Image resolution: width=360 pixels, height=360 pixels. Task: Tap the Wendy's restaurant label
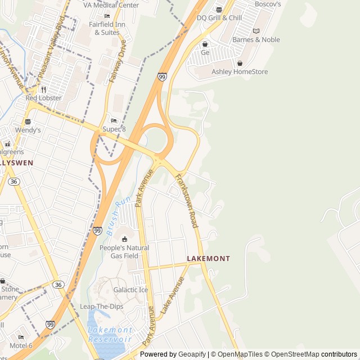tap(28, 130)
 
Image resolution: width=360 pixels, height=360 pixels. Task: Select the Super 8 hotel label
tap(114, 129)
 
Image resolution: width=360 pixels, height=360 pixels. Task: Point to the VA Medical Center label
tap(111, 5)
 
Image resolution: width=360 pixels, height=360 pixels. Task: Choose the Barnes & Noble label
tap(256, 39)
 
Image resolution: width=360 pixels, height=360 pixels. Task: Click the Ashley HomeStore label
tap(240, 71)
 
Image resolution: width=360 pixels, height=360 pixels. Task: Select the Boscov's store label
tap(267, 4)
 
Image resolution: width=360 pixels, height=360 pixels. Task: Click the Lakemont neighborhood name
tap(208, 259)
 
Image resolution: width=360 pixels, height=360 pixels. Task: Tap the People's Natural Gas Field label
tap(124, 251)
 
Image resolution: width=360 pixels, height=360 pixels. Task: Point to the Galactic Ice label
tap(130, 290)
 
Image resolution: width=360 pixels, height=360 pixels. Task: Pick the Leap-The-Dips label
tap(101, 307)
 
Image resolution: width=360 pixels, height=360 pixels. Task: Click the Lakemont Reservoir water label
tap(110, 335)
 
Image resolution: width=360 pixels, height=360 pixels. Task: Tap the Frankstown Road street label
tap(186, 201)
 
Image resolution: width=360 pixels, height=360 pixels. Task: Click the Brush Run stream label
tap(119, 215)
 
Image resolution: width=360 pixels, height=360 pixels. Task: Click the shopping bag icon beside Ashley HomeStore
tap(240, 63)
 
